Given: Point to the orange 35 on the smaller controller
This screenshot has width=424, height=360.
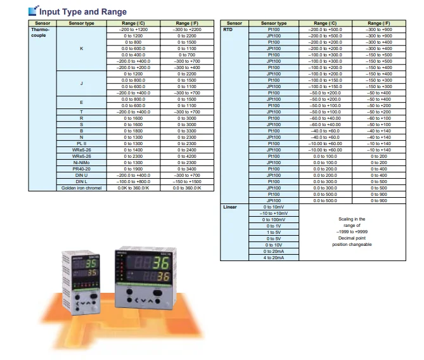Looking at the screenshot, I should coord(91,273).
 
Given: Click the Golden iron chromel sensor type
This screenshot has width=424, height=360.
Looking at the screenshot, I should coord(81,188).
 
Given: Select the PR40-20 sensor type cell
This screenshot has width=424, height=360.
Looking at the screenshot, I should coord(81,169).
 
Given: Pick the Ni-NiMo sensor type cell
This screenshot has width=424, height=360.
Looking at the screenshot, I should coord(81,163).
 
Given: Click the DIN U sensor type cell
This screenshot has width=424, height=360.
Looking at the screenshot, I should coord(81,176).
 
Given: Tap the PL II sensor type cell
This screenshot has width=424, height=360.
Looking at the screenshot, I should coord(81,144).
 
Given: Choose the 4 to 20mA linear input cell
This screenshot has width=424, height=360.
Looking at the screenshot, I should coord(274,257).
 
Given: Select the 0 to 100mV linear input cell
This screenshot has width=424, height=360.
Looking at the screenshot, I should coord(274,219).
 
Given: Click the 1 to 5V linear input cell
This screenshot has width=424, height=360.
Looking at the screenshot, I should coord(274,232).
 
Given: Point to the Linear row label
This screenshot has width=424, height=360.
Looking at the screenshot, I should coord(230,207).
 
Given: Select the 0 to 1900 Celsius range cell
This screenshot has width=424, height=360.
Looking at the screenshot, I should coord(134,169).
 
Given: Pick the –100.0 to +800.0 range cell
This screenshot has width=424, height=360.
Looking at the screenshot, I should coord(134,182).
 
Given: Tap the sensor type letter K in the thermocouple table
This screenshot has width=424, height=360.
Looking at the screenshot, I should coord(81,48).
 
